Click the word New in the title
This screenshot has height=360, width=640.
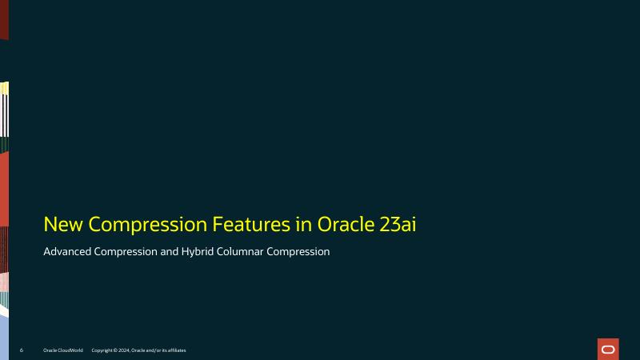[62, 224]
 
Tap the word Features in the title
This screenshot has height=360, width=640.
[254, 224]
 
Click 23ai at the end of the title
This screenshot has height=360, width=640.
[398, 224]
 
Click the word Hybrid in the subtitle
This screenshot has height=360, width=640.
[204, 252]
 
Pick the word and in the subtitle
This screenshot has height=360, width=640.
[172, 252]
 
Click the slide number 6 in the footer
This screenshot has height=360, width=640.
[21, 350]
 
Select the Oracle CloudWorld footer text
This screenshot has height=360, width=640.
[63, 350]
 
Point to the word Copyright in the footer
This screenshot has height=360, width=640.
[102, 350]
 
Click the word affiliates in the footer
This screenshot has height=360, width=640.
[175, 350]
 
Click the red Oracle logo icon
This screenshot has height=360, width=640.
[608, 349]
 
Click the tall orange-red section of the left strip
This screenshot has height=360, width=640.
[4, 188]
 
